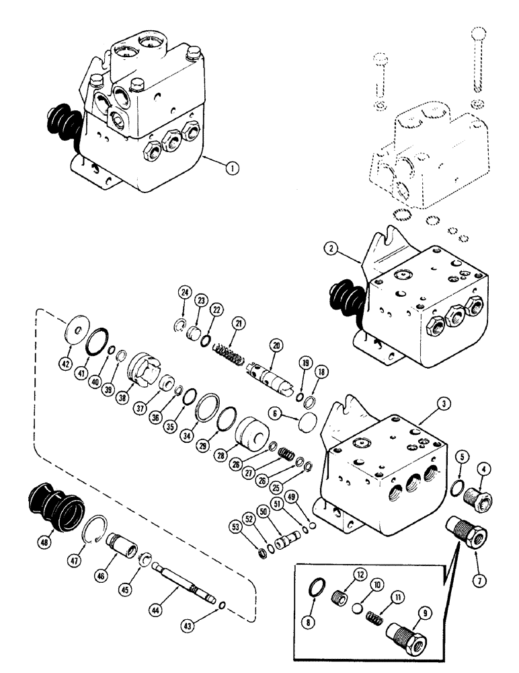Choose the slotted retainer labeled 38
pyautogui.click(x=143, y=370)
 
